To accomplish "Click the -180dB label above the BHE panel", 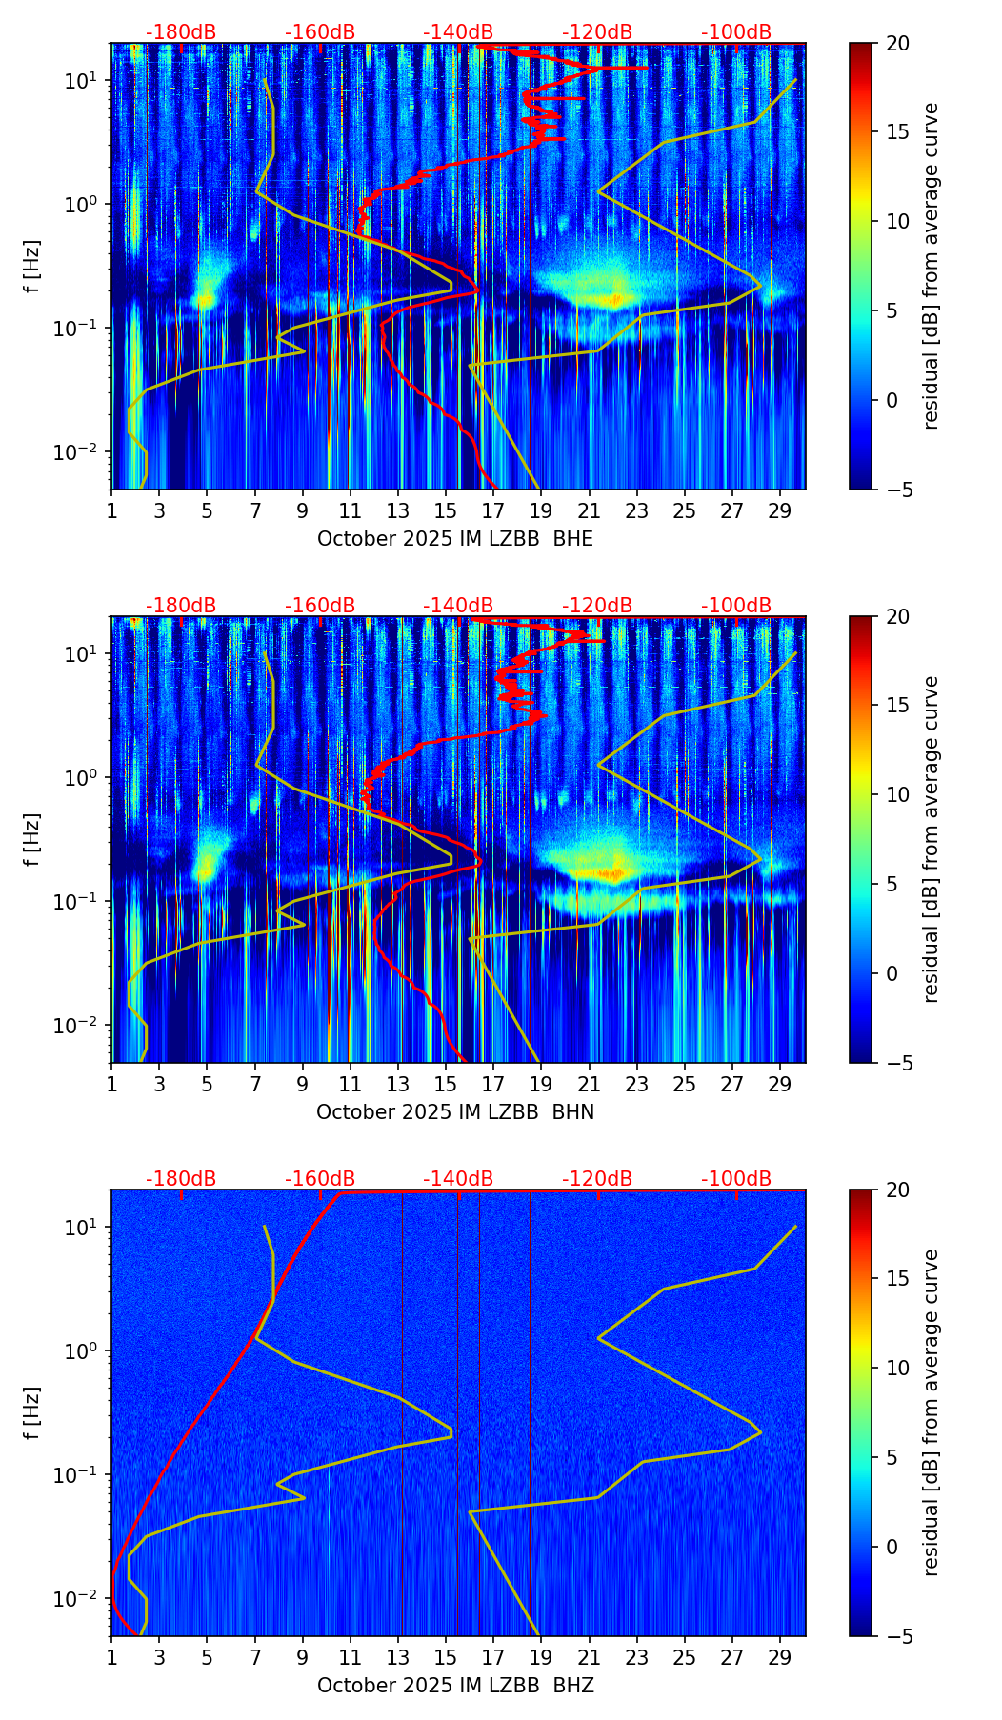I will tap(181, 32).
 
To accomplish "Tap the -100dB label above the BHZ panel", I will tap(736, 1179).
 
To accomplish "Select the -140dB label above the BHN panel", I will tap(458, 606).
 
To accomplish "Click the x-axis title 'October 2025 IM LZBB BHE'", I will tap(455, 539).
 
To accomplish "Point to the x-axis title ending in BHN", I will tap(455, 1112).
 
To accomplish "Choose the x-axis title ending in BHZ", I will tap(455, 1686).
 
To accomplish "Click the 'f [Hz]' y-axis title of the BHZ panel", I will tap(32, 1413).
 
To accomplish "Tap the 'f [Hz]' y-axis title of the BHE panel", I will tap(32, 267).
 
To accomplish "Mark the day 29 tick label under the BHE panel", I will tap(780, 510).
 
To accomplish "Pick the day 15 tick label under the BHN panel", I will tap(446, 1084).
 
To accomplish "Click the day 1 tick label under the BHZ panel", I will tap(111, 1657).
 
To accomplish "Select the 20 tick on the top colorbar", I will tap(898, 44).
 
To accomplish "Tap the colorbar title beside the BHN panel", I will tap(932, 839).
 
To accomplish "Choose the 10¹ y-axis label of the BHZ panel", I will tap(81, 1227).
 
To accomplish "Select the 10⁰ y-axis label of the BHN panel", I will tap(81, 777).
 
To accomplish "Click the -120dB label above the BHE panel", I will tap(597, 32).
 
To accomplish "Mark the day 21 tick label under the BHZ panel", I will tap(589, 1657).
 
